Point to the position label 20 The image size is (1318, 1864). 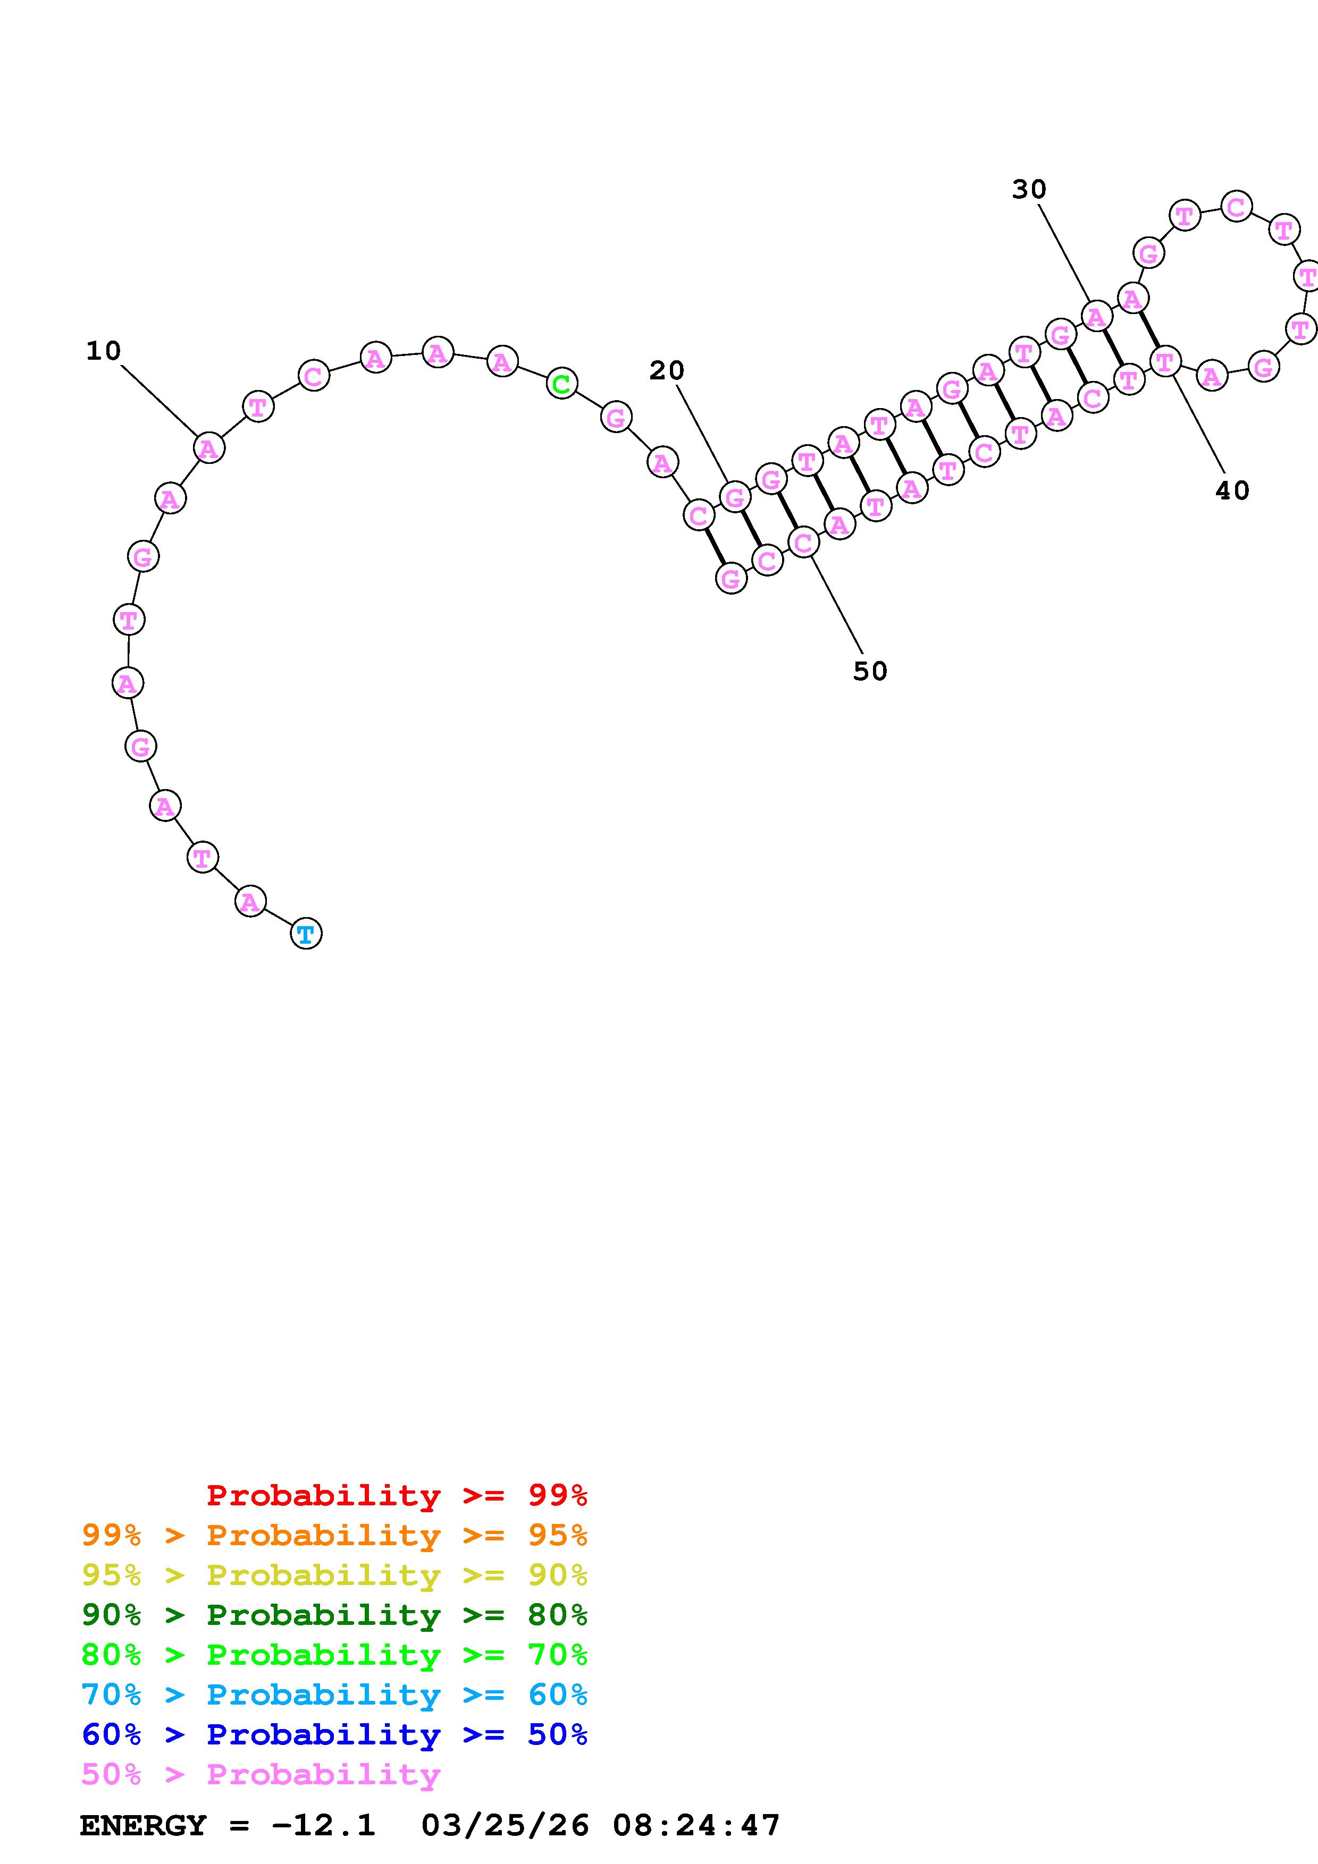667,370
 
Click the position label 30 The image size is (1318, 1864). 1029,189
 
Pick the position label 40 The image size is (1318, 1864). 1232,490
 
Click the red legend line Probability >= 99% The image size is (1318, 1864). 397,1495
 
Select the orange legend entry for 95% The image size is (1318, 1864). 334,1535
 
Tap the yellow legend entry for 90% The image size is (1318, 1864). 334,1574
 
